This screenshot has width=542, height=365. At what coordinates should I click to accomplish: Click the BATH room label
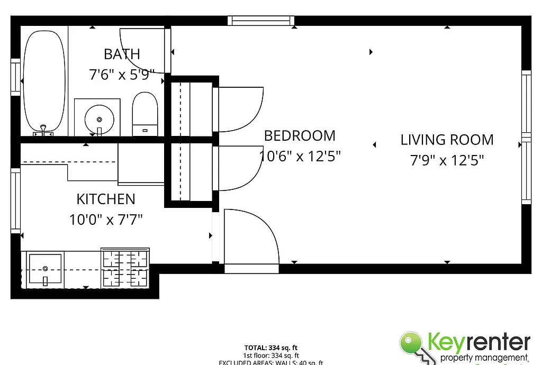pyautogui.click(x=122, y=54)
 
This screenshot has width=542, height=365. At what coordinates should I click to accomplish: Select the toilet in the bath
pyautogui.click(x=144, y=114)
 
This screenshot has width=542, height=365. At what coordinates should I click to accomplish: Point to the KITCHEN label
pyautogui.click(x=106, y=199)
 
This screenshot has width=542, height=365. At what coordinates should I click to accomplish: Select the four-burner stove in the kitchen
pyautogui.click(x=125, y=267)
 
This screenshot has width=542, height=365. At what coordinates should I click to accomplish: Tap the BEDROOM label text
pyautogui.click(x=300, y=136)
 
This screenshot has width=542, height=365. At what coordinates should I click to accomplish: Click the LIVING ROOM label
pyautogui.click(x=447, y=140)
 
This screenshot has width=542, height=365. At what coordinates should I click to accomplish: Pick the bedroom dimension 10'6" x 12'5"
pyautogui.click(x=300, y=157)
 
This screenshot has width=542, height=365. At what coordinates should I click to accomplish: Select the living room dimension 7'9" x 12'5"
pyautogui.click(x=447, y=160)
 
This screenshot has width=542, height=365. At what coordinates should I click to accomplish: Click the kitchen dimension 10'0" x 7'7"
pyautogui.click(x=106, y=219)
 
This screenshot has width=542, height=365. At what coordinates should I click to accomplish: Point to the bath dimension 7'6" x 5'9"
pyautogui.click(x=122, y=74)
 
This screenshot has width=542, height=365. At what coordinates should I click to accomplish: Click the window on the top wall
pyautogui.click(x=261, y=21)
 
